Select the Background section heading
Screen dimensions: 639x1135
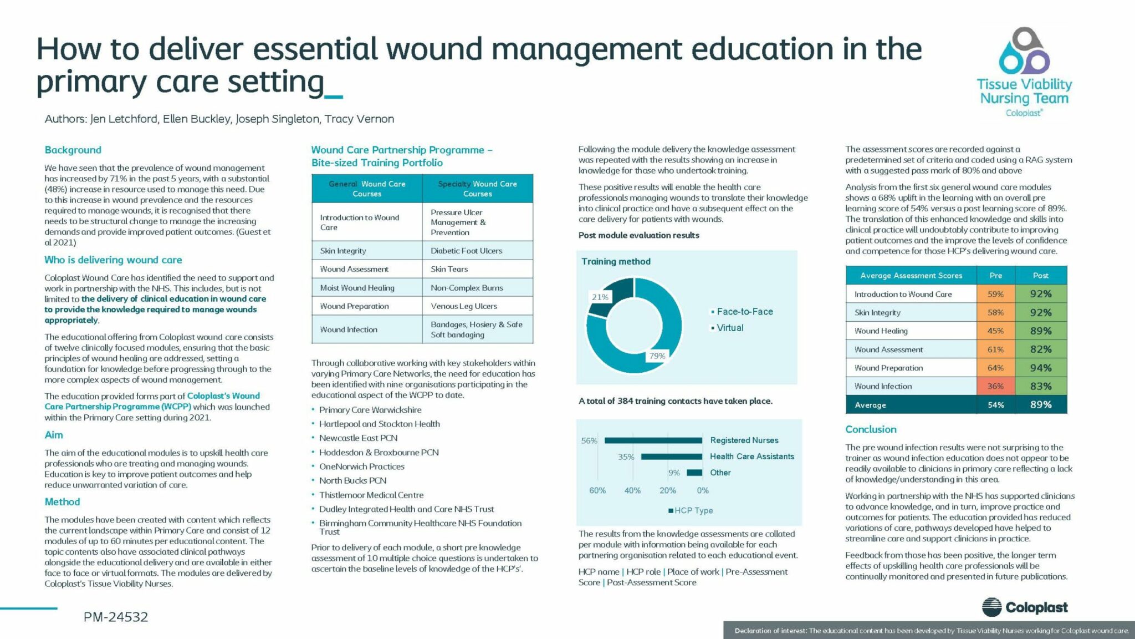tap(73, 150)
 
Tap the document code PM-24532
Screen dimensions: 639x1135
tap(116, 617)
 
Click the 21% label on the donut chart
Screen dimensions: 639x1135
tap(600, 297)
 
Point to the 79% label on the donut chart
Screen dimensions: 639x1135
tap(657, 356)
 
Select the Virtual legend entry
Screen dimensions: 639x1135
tap(730, 328)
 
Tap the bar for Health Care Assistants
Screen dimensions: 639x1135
tap(671, 457)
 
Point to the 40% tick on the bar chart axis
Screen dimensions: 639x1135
tap(632, 490)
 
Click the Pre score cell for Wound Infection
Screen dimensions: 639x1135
tap(995, 386)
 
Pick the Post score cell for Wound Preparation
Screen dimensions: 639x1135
tap(1040, 368)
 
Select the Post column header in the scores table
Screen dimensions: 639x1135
tap(1040, 275)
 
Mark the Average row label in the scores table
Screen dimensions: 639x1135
tap(870, 405)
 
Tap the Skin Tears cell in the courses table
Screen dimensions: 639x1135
tap(449, 269)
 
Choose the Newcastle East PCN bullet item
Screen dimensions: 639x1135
tap(358, 438)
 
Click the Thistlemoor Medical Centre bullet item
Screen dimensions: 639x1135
tap(371, 495)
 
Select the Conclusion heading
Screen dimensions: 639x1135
tap(870, 429)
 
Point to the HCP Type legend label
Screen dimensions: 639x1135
tap(693, 510)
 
